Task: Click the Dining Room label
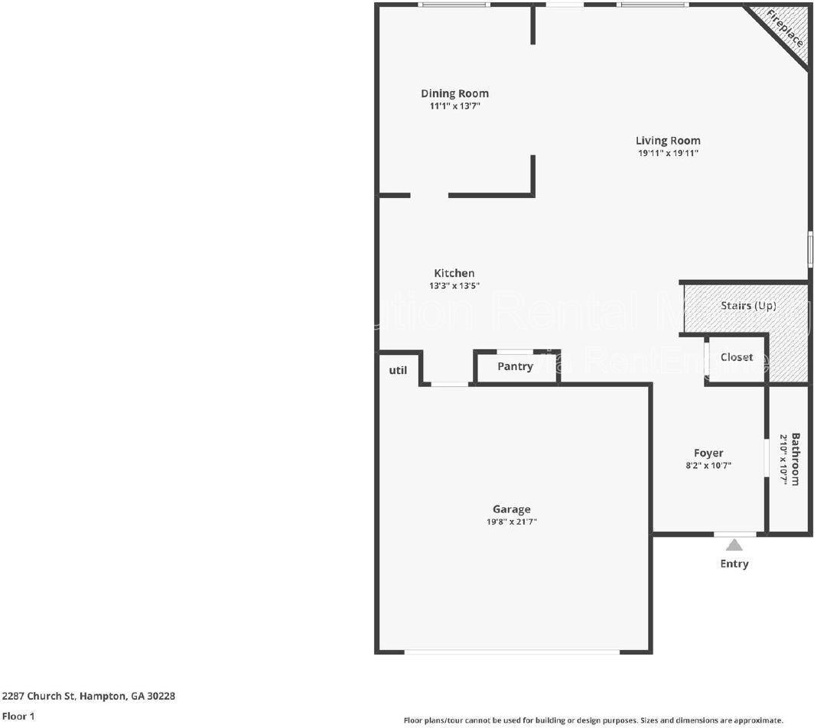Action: [454, 94]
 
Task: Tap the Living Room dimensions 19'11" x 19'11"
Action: [668, 153]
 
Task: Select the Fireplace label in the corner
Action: [784, 29]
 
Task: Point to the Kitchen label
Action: [454, 273]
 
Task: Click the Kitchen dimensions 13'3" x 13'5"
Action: [454, 286]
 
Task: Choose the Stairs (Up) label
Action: [748, 306]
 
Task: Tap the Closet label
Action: [737, 357]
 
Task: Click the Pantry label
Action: [515, 366]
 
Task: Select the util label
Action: [398, 370]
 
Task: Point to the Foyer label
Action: [708, 453]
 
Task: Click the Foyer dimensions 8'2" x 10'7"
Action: [708, 465]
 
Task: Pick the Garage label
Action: [512, 509]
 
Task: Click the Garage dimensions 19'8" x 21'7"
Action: [512, 522]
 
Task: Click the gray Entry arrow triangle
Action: [734, 545]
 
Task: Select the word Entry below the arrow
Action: [734, 564]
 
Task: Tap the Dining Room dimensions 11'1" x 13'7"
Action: [454, 106]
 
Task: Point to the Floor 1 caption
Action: [18, 717]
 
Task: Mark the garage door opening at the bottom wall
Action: [511, 652]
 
